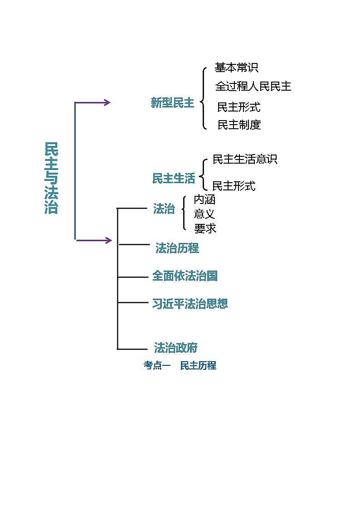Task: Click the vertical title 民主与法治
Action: (x=51, y=178)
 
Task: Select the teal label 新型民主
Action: (x=172, y=103)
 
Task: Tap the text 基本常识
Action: (x=236, y=68)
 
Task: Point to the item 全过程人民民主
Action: (x=253, y=86)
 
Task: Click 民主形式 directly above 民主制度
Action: (x=238, y=107)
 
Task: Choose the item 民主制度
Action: (x=239, y=125)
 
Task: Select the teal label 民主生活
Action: (x=174, y=179)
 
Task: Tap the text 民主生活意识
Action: (x=245, y=160)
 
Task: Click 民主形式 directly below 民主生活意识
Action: (x=234, y=186)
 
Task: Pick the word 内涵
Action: (x=204, y=199)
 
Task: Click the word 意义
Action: (x=204, y=214)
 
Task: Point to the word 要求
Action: (x=205, y=228)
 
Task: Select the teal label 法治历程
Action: (x=177, y=248)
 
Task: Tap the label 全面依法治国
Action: (x=185, y=276)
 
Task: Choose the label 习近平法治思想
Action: (x=190, y=304)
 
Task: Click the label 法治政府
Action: (x=176, y=348)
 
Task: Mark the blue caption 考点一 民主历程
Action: (x=180, y=365)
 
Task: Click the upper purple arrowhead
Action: (x=107, y=102)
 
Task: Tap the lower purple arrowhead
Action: (x=108, y=240)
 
